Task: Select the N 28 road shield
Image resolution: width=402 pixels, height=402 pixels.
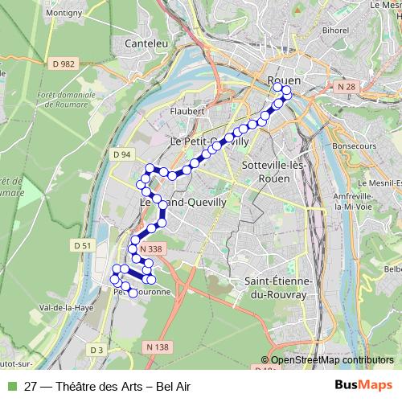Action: coord(347,86)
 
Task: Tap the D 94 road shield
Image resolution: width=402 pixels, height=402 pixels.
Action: coord(121,154)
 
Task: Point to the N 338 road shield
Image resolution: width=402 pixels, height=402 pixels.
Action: coord(150,250)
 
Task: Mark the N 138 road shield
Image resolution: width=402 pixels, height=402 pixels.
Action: coord(159,347)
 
